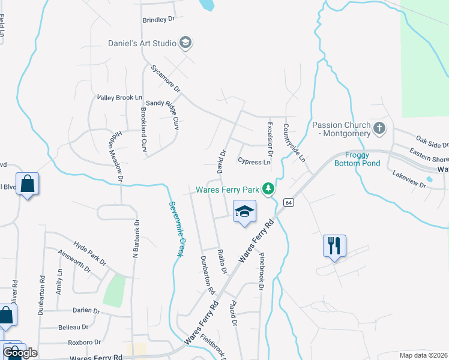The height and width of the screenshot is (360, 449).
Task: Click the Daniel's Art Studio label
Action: pos(142,43)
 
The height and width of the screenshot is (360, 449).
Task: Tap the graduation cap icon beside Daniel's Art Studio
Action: pos(185,43)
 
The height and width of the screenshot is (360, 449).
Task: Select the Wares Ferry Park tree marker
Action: pos(270,190)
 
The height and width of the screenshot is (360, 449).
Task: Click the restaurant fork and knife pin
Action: pos(334,245)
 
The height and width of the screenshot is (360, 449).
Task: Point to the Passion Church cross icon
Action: pos(379,128)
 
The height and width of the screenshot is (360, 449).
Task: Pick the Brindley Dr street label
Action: pos(158,19)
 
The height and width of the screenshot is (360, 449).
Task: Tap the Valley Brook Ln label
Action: pos(119,97)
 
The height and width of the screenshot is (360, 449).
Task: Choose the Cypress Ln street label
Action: pos(254,161)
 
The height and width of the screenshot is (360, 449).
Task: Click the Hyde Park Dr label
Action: pos(89,254)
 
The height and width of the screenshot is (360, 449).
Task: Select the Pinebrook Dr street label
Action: pos(262,271)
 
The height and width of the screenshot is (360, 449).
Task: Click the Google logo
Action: pos(20,352)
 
